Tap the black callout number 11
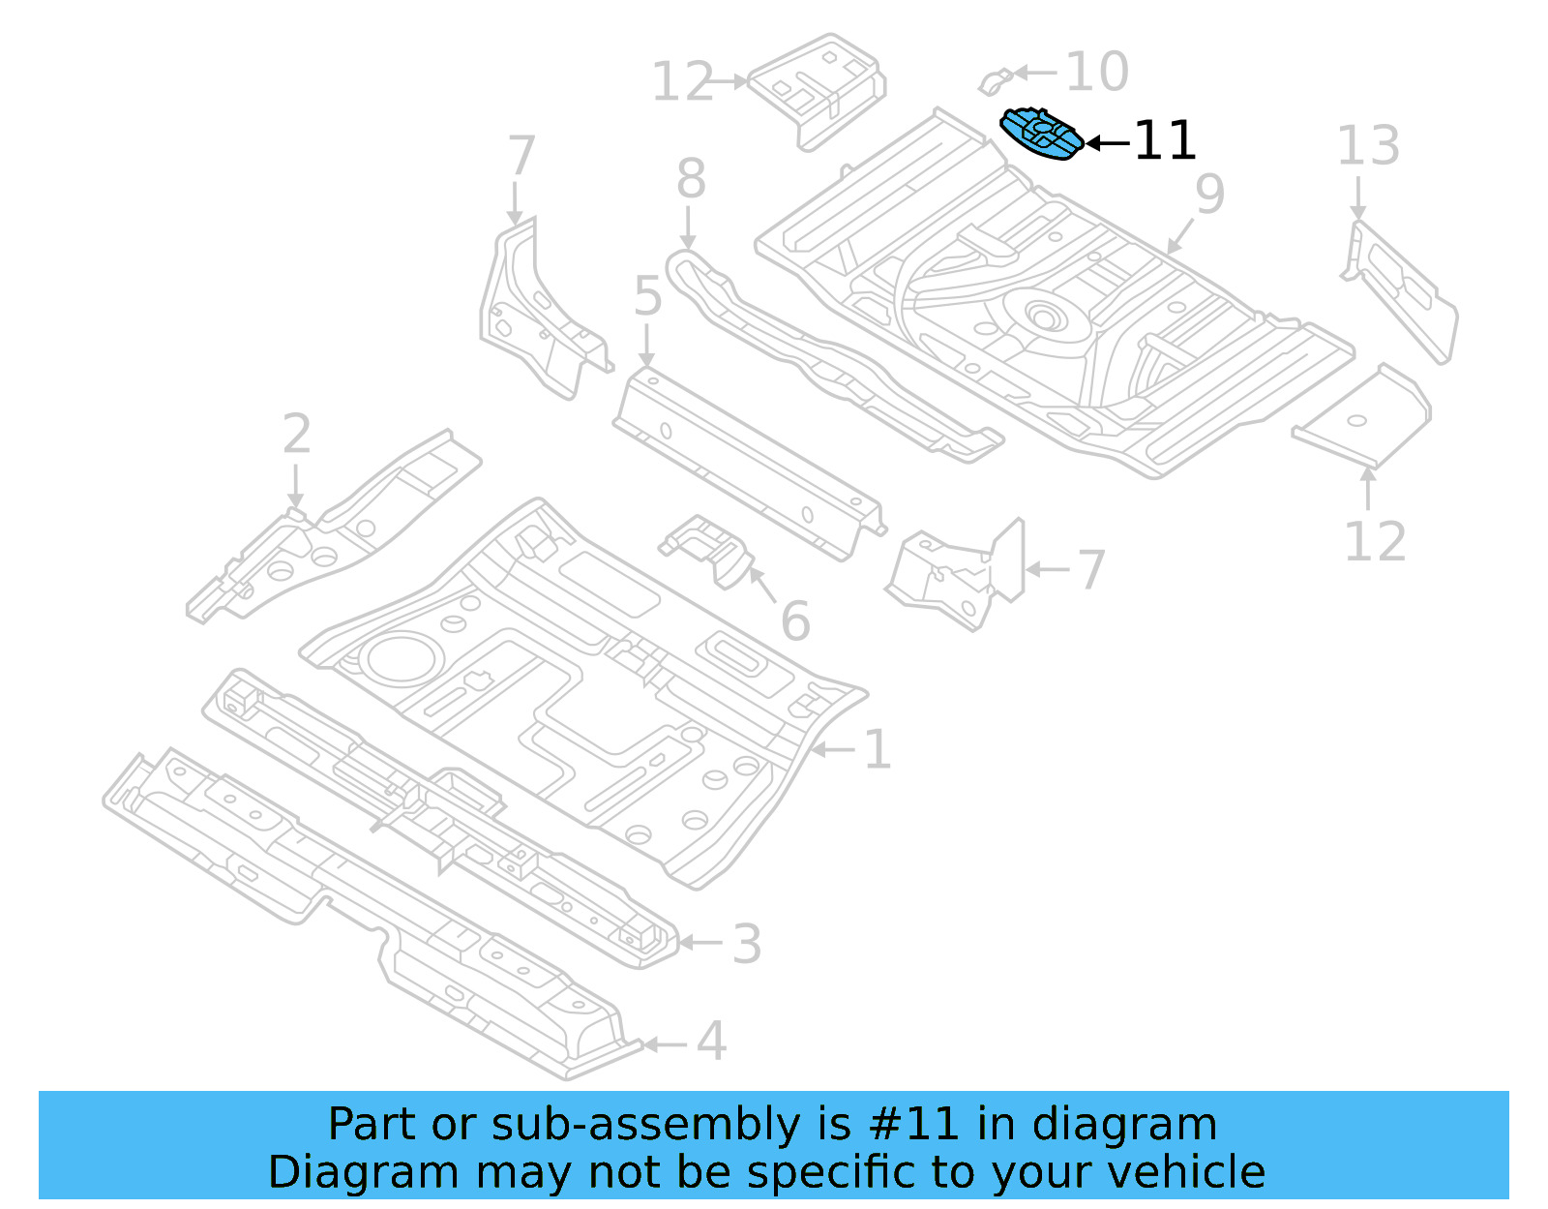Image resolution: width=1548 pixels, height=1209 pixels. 1164,141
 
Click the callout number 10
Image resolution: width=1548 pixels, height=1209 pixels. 1097,72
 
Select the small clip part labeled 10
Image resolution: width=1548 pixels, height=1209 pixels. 994,81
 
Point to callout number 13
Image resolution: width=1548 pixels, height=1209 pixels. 1368,147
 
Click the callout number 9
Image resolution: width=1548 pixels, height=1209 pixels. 1209,194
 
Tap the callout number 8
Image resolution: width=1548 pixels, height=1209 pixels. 691,179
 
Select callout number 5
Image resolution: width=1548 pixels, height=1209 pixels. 647,296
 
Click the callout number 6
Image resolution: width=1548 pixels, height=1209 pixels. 795,621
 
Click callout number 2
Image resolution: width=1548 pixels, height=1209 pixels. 297,435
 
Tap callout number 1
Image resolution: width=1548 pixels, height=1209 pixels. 877,750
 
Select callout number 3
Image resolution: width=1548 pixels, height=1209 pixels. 746,944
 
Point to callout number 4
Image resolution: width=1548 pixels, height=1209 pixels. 711,1043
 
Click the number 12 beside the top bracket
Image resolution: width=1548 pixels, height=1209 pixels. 682,82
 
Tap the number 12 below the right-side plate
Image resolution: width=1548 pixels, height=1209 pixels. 1375,542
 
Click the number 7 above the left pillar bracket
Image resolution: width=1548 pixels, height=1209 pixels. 521,157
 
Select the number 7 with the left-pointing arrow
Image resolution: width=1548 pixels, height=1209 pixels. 1091,570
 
